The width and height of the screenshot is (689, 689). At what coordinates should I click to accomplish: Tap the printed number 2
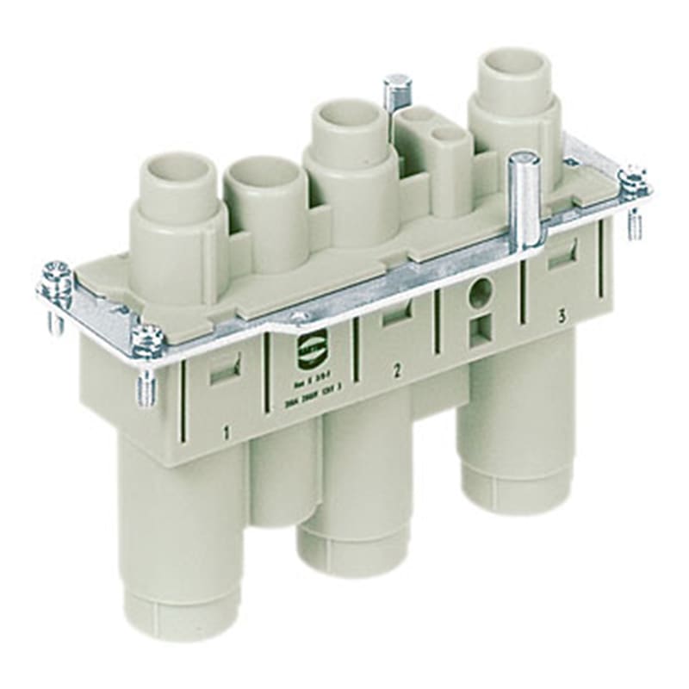point(397,371)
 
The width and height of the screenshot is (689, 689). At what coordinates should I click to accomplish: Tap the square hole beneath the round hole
point(478,329)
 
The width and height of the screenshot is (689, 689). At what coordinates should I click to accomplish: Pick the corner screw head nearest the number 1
point(146,338)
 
